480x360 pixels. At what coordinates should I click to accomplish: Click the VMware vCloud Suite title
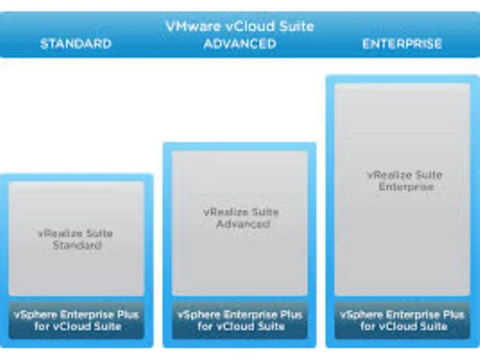[239, 26]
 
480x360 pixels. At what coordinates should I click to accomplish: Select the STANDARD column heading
[76, 43]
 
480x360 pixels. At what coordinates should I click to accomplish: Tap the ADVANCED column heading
[239, 43]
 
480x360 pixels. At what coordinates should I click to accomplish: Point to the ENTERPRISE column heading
[402, 43]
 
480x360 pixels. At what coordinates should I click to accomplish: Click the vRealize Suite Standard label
[76, 239]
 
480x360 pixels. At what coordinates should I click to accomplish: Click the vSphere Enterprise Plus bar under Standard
[76, 320]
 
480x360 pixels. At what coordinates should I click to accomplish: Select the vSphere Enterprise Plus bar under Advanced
[239, 320]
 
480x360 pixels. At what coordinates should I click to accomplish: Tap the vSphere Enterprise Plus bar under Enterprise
[402, 320]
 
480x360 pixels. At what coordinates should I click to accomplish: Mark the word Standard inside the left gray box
[76, 246]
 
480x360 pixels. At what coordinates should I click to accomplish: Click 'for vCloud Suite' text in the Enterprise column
[402, 326]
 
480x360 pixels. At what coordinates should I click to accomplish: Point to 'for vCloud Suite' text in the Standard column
[76, 326]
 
